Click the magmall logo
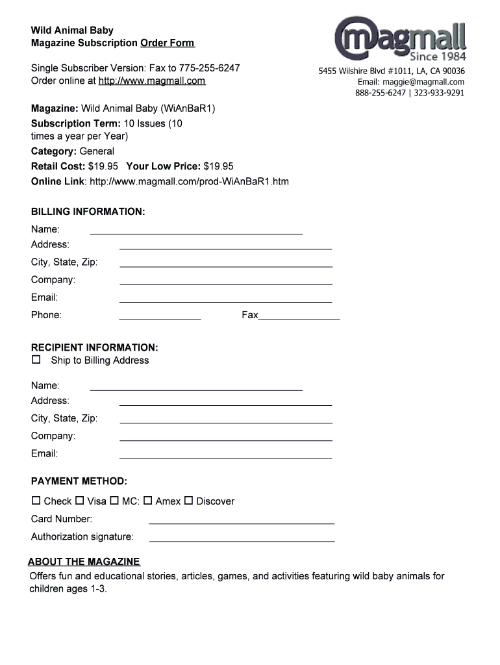(x=401, y=39)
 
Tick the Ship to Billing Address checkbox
(x=36, y=359)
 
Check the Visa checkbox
(x=80, y=501)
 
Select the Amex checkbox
(x=148, y=501)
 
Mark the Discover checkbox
(x=189, y=501)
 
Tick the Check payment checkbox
(x=36, y=501)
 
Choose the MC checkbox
(x=114, y=501)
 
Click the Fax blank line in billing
(x=299, y=318)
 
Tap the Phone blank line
(x=160, y=318)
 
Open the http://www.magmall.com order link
(x=152, y=81)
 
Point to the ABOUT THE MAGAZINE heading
(x=84, y=562)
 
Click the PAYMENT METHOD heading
(x=79, y=481)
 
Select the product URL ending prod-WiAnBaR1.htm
(x=189, y=182)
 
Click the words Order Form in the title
(x=167, y=44)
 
